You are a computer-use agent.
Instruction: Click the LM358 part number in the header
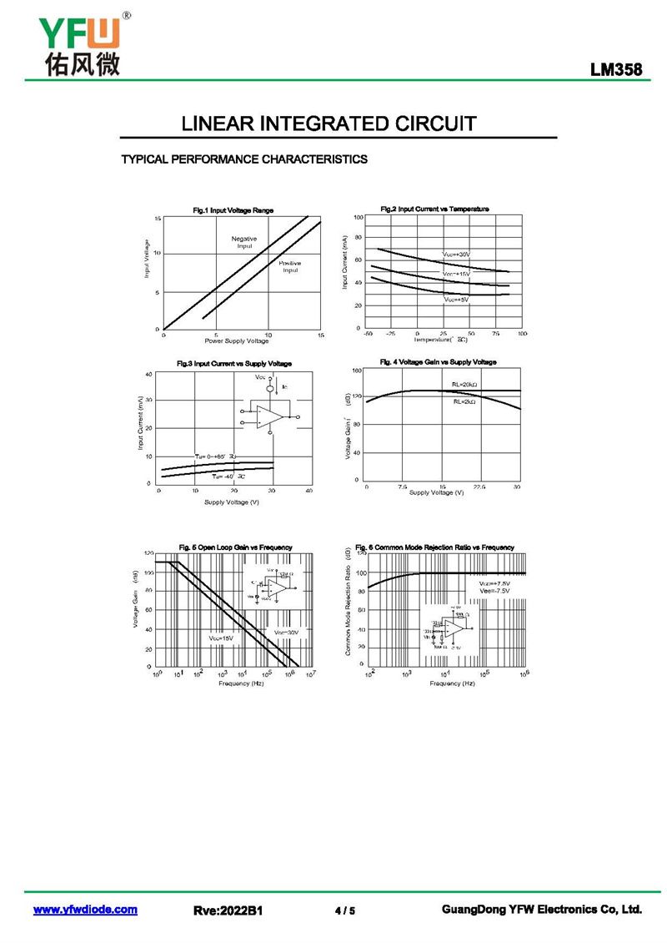[616, 71]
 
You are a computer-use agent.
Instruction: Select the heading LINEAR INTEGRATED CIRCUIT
[329, 124]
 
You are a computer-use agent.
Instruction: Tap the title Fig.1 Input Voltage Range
[233, 210]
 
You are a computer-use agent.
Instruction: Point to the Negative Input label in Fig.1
[244, 242]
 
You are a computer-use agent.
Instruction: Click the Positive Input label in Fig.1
[289, 267]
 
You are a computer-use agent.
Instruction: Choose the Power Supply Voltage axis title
[237, 340]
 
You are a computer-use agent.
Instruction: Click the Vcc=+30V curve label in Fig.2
[456, 254]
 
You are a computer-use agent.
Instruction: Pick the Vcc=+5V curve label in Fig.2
[456, 299]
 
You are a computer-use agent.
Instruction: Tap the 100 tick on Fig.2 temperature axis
[522, 334]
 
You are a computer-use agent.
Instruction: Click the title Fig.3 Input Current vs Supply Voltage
[234, 364]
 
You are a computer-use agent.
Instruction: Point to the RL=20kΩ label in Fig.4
[464, 385]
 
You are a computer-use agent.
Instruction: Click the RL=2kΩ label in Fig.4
[464, 401]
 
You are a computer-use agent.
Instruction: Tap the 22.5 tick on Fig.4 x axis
[479, 486]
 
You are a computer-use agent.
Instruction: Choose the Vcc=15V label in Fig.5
[221, 638]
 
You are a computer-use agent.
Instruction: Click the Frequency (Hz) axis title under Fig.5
[241, 683]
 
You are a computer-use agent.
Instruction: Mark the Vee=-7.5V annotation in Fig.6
[494, 591]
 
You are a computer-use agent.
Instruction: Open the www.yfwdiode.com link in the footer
[85, 910]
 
